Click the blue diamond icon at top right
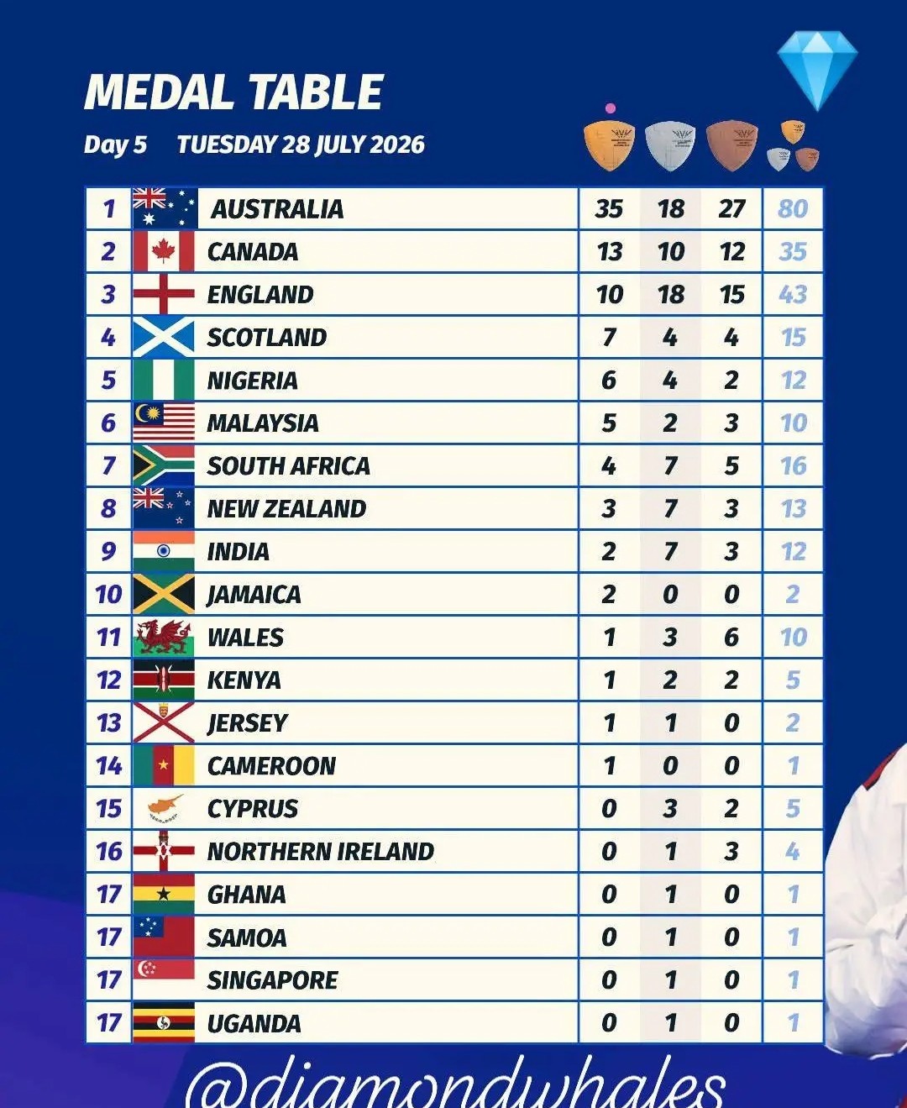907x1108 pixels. pyautogui.click(x=817, y=71)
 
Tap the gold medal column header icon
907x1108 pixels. pyautogui.click(x=609, y=146)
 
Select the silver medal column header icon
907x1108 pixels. pyautogui.click(x=670, y=146)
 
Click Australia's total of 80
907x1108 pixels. pyautogui.click(x=793, y=208)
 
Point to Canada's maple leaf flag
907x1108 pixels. pyautogui.click(x=163, y=251)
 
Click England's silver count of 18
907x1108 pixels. pyautogui.click(x=671, y=294)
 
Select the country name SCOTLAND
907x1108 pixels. pyautogui.click(x=267, y=338)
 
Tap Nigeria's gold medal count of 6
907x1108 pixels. pyautogui.click(x=609, y=380)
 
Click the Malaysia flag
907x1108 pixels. pyautogui.click(x=163, y=423)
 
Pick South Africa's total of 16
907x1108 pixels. pyautogui.click(x=793, y=465)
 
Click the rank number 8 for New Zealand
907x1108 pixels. pyautogui.click(x=108, y=508)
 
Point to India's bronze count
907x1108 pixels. pyautogui.click(x=731, y=552)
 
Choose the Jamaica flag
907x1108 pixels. pyautogui.click(x=163, y=594)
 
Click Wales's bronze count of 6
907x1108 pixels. pyautogui.click(x=731, y=638)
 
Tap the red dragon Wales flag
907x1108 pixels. pyautogui.click(x=163, y=638)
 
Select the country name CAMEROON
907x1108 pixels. pyautogui.click(x=271, y=766)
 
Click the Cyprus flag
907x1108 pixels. pyautogui.click(x=163, y=809)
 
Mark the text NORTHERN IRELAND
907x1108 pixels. pyautogui.click(x=321, y=852)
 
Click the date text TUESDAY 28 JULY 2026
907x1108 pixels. pyautogui.click(x=301, y=144)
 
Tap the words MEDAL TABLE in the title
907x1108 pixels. pyautogui.click(x=233, y=92)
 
